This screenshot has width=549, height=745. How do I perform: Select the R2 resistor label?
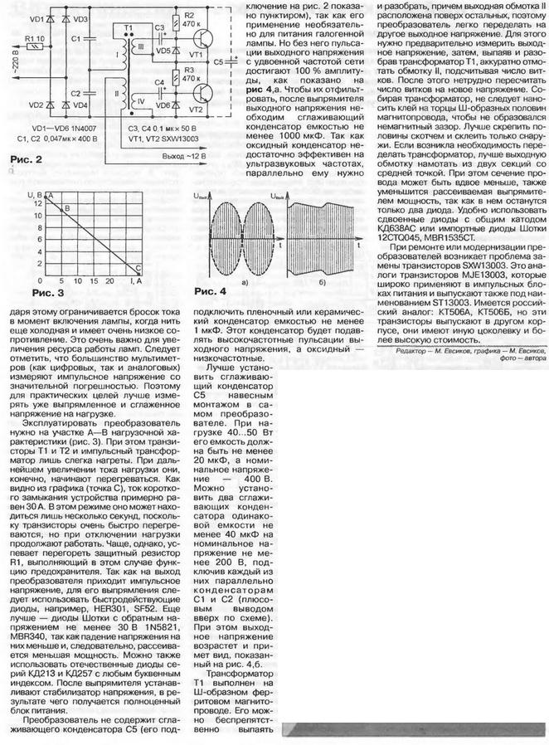click(188, 14)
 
